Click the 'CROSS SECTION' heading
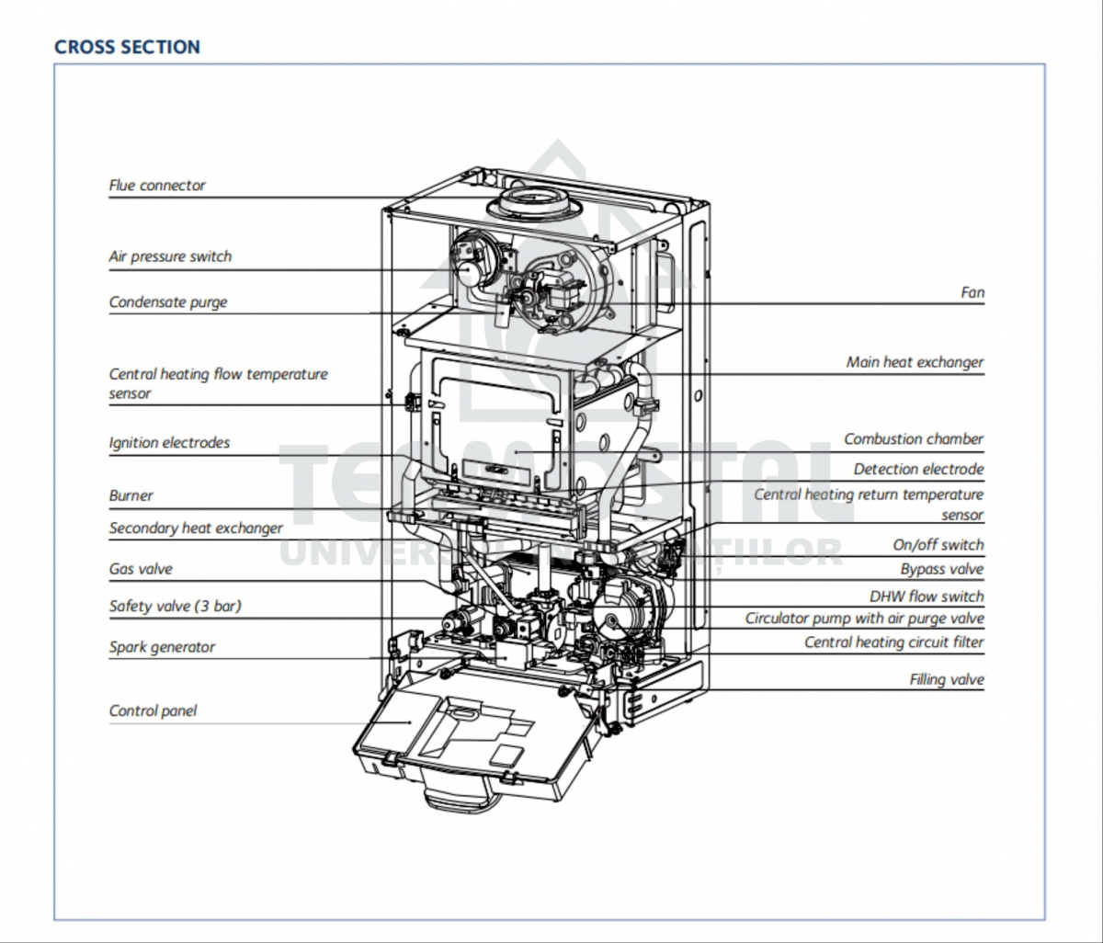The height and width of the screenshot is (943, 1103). [x=127, y=47]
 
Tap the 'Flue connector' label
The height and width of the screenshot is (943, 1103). [x=157, y=186]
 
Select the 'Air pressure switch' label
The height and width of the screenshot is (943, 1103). [x=170, y=257]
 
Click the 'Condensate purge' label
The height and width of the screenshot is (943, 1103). [x=167, y=302]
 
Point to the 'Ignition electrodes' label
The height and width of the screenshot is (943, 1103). [x=169, y=443]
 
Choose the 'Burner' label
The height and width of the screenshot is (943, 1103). [x=131, y=496]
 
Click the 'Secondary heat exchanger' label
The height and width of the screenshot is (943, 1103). [x=196, y=528]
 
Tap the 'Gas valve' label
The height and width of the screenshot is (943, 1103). [x=140, y=570]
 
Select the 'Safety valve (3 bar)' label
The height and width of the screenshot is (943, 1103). [x=175, y=607]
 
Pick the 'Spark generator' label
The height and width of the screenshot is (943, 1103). [x=162, y=647]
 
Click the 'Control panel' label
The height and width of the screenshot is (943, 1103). [x=153, y=711]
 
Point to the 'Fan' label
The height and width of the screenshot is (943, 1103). [x=972, y=293]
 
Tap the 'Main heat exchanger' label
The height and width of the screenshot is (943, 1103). [x=915, y=363]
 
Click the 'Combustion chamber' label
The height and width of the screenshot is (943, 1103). [x=914, y=439]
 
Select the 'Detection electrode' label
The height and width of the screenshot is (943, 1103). [x=918, y=470]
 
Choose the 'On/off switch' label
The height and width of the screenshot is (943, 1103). [x=938, y=545]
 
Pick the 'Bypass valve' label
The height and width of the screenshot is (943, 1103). [x=941, y=570]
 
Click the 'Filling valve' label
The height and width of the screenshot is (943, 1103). [x=947, y=681]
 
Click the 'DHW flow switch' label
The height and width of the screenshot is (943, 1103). [x=927, y=596]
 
